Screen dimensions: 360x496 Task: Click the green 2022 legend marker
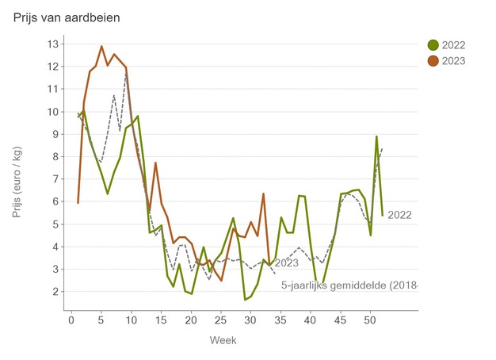point(433,45)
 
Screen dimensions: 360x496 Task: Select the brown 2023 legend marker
point(433,60)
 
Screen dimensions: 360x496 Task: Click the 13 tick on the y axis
point(54,44)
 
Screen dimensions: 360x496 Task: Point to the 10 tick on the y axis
point(54,112)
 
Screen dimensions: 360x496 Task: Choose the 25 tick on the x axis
point(220,320)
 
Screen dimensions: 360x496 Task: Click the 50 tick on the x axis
point(370,320)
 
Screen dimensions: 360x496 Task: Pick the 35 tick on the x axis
point(280,320)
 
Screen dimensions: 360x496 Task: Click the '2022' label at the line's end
point(400,215)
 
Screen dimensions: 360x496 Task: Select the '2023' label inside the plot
point(286,263)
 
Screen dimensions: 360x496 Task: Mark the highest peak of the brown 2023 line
point(101,46)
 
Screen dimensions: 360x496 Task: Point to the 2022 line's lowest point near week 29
point(245,300)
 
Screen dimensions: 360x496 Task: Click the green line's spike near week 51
point(376,136)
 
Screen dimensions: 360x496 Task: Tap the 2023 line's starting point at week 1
point(78,203)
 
